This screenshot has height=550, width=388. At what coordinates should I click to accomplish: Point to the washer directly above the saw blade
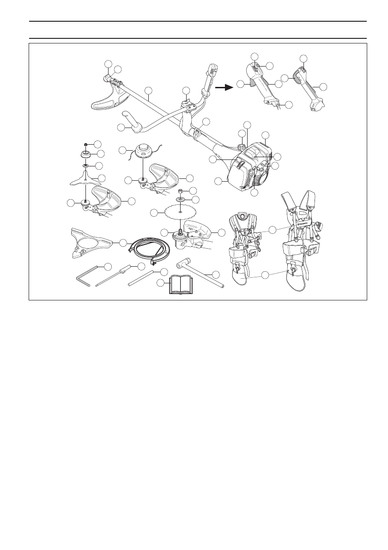pos(182,199)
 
